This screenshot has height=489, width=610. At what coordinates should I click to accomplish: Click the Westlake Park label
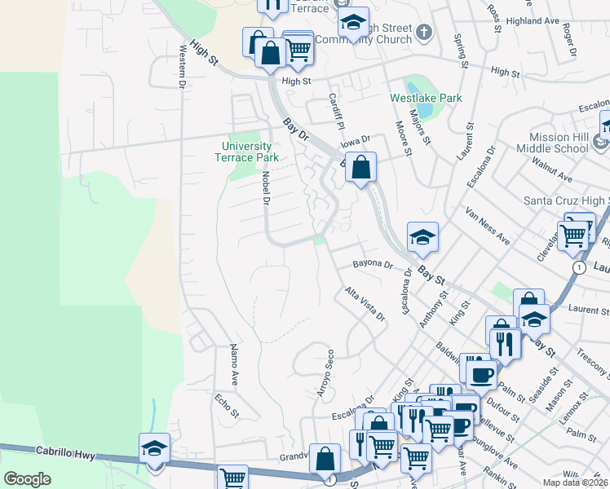[426, 98]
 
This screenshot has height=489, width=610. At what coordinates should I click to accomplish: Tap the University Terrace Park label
[250, 152]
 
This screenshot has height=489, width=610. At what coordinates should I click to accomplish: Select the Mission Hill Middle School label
[558, 143]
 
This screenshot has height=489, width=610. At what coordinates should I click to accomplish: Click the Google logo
[27, 478]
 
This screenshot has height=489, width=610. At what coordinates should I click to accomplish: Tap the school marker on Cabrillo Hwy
[153, 448]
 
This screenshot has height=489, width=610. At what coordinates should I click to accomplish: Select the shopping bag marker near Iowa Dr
[361, 168]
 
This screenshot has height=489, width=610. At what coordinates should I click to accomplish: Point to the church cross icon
[423, 32]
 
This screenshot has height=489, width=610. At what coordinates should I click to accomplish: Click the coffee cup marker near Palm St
[480, 373]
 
